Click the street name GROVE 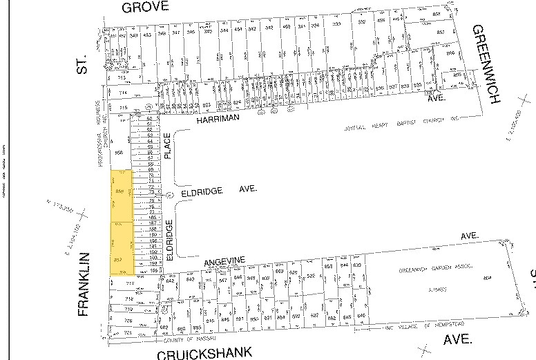(x=145, y=8)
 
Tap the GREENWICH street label (x=485, y=64)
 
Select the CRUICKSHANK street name (x=204, y=353)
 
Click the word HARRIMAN (x=217, y=120)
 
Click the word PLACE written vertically (x=168, y=146)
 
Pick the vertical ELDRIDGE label (x=169, y=238)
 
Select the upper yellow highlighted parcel (x=122, y=196)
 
